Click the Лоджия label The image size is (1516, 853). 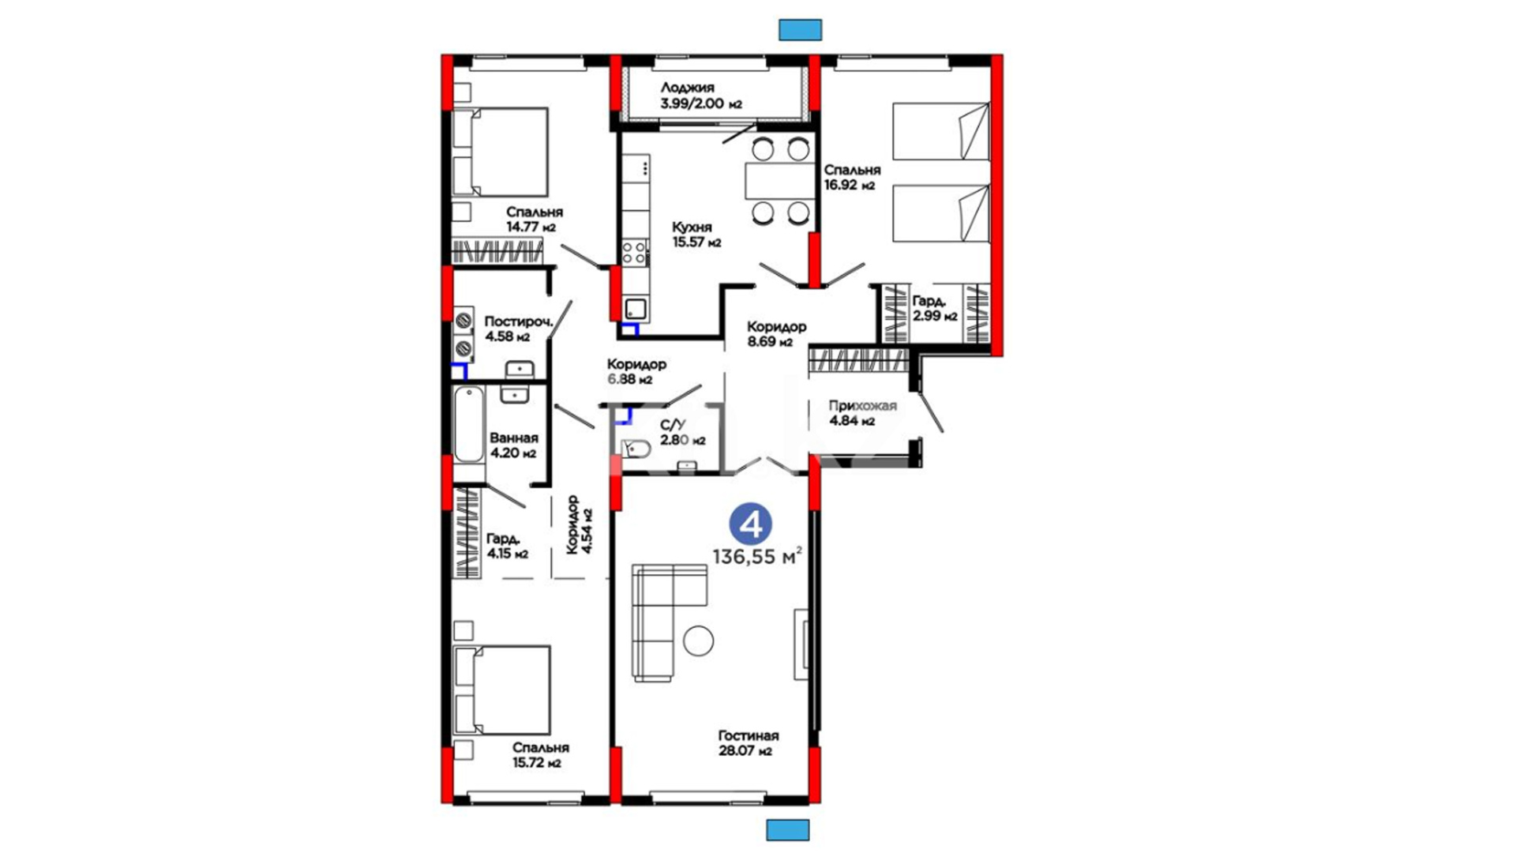coord(688,88)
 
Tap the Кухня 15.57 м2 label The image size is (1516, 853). coord(696,235)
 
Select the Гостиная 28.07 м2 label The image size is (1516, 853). coord(748,743)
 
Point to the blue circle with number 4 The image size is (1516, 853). coord(749,524)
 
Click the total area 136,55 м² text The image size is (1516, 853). coord(757,556)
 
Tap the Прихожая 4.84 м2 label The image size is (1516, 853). coord(862,413)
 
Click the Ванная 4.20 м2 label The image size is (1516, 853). coord(513,445)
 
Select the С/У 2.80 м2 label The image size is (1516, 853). coord(683,433)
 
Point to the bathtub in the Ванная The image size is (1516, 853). coord(468,424)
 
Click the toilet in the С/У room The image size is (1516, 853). coord(635,449)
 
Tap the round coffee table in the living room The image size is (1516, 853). coord(699,641)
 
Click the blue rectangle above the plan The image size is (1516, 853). coord(801,30)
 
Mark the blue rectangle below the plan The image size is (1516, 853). coord(788,829)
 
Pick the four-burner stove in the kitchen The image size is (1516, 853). coord(634,253)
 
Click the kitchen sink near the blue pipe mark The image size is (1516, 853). coord(636,309)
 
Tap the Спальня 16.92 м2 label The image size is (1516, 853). coord(852,178)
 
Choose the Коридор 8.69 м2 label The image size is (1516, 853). coord(776,334)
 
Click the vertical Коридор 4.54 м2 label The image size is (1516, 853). coord(580,524)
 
